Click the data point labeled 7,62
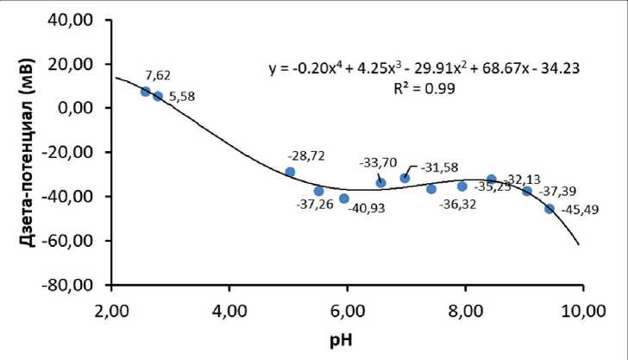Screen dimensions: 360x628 146,92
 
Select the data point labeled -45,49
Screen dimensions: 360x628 549,209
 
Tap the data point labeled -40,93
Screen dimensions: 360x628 344,199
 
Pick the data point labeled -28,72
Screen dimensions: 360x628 290,172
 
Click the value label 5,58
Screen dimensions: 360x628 182,98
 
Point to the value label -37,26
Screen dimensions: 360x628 315,205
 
